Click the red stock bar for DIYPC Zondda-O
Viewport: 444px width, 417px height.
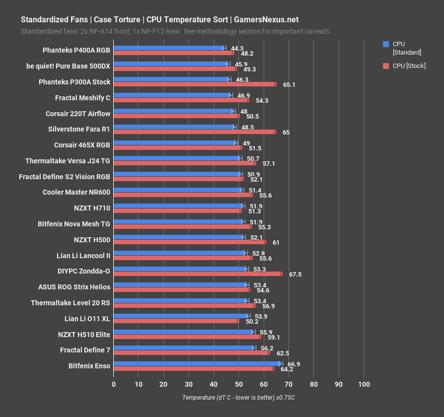(198, 274)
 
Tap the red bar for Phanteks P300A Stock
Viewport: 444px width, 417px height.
(195, 84)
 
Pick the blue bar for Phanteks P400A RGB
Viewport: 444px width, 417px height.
(169, 48)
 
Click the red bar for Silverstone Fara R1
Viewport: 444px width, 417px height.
(195, 132)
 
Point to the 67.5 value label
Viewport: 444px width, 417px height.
(296, 275)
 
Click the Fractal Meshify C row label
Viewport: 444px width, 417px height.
(83, 98)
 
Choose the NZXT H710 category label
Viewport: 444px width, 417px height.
(92, 207)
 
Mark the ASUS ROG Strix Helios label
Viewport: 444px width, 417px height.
(74, 286)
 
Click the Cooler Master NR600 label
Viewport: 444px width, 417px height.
(76, 191)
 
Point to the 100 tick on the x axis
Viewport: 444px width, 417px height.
(364, 385)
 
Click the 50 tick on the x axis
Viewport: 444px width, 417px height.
(239, 385)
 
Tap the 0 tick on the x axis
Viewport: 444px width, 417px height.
(114, 385)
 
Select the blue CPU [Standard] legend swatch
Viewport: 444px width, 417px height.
(386, 44)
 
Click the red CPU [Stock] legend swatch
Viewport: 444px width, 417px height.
(386, 66)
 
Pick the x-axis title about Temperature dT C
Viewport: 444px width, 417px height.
(238, 398)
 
